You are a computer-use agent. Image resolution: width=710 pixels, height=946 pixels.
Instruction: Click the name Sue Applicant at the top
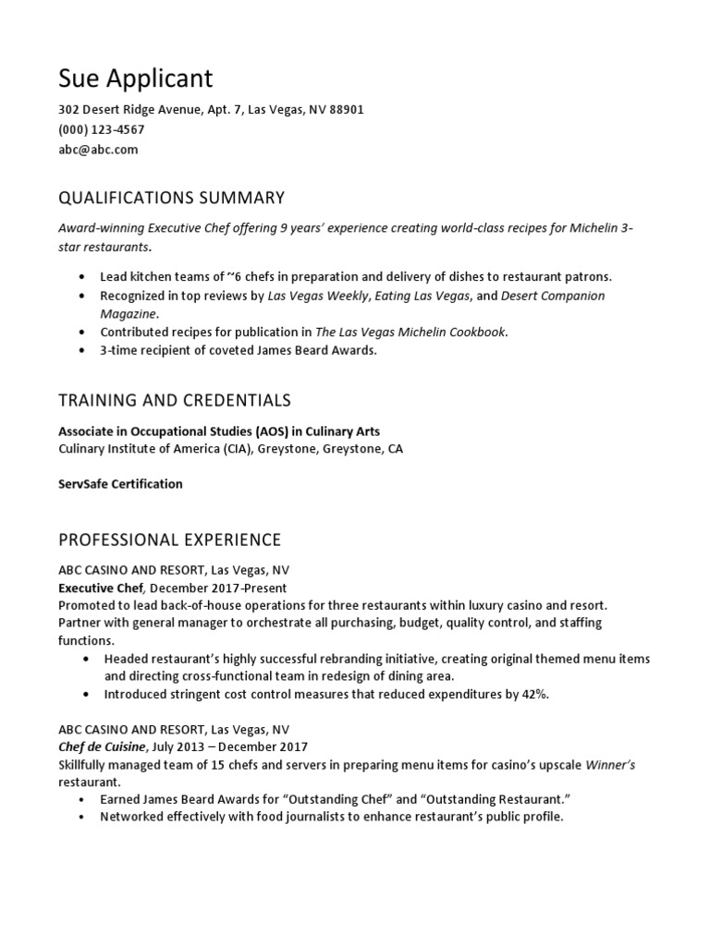tap(135, 77)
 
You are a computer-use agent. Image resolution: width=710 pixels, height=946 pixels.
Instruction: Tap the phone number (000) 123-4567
tap(101, 129)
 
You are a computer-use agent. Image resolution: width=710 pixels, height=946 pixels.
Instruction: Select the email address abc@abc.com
tap(98, 150)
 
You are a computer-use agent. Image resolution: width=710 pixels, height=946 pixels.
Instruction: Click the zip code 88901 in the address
tap(346, 110)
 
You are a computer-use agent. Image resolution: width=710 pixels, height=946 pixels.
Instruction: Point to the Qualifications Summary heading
tap(171, 198)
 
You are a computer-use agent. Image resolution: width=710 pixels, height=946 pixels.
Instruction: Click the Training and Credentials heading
tap(175, 400)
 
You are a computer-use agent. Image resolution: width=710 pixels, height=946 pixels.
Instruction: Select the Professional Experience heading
tap(169, 540)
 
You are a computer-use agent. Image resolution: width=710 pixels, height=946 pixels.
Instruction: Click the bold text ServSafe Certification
tap(120, 484)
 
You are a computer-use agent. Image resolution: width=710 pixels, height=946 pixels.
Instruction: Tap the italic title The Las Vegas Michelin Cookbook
tap(410, 333)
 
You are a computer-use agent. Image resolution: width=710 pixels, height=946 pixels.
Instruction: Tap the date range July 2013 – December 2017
tap(232, 746)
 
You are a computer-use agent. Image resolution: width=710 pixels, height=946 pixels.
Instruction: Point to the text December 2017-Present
tap(218, 588)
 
